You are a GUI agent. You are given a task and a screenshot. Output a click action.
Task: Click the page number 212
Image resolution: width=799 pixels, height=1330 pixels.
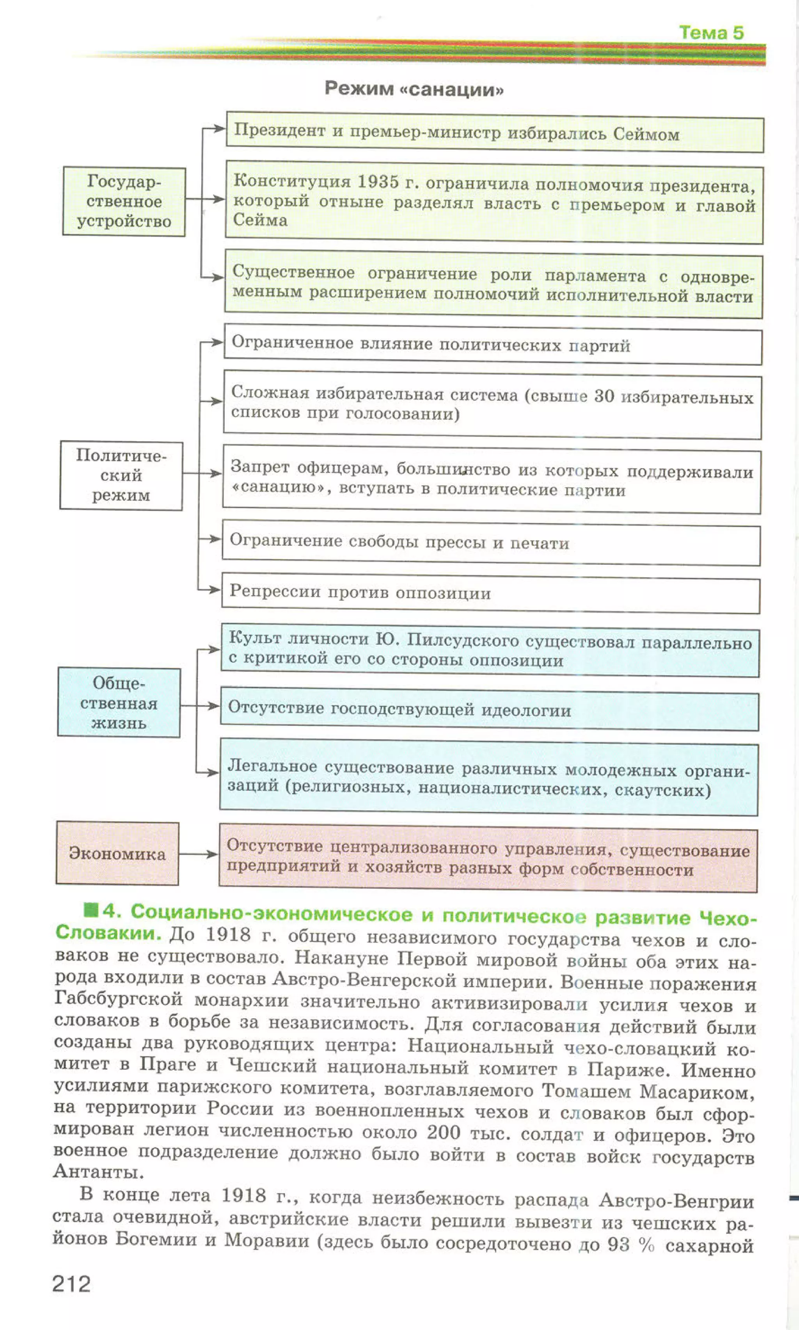coord(71,1284)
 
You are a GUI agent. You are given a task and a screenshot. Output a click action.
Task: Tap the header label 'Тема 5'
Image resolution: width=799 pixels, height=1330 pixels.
coord(711,33)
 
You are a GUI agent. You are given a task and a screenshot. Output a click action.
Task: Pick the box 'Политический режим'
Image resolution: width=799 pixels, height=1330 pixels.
coord(121,475)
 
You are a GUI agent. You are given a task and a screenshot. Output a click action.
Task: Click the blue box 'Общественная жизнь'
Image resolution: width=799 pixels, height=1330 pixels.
coord(119,702)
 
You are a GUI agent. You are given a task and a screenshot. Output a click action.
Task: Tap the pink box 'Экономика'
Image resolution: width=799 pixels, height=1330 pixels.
coord(117,854)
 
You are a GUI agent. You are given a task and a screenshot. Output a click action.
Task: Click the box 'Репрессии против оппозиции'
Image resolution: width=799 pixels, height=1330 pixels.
coord(490,594)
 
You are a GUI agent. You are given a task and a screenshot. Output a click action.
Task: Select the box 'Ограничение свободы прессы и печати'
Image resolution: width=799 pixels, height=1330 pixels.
coord(490,543)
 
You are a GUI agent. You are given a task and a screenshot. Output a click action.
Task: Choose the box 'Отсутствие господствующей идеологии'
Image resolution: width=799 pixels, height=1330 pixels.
coord(489,710)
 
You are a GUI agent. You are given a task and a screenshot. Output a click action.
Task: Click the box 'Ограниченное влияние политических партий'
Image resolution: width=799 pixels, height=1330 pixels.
coord(492,345)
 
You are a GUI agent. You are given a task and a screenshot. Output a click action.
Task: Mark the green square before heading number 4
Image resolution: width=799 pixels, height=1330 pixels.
coord(91,911)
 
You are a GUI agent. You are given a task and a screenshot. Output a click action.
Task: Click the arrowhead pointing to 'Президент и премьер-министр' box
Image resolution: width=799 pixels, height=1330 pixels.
coord(218,129)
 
